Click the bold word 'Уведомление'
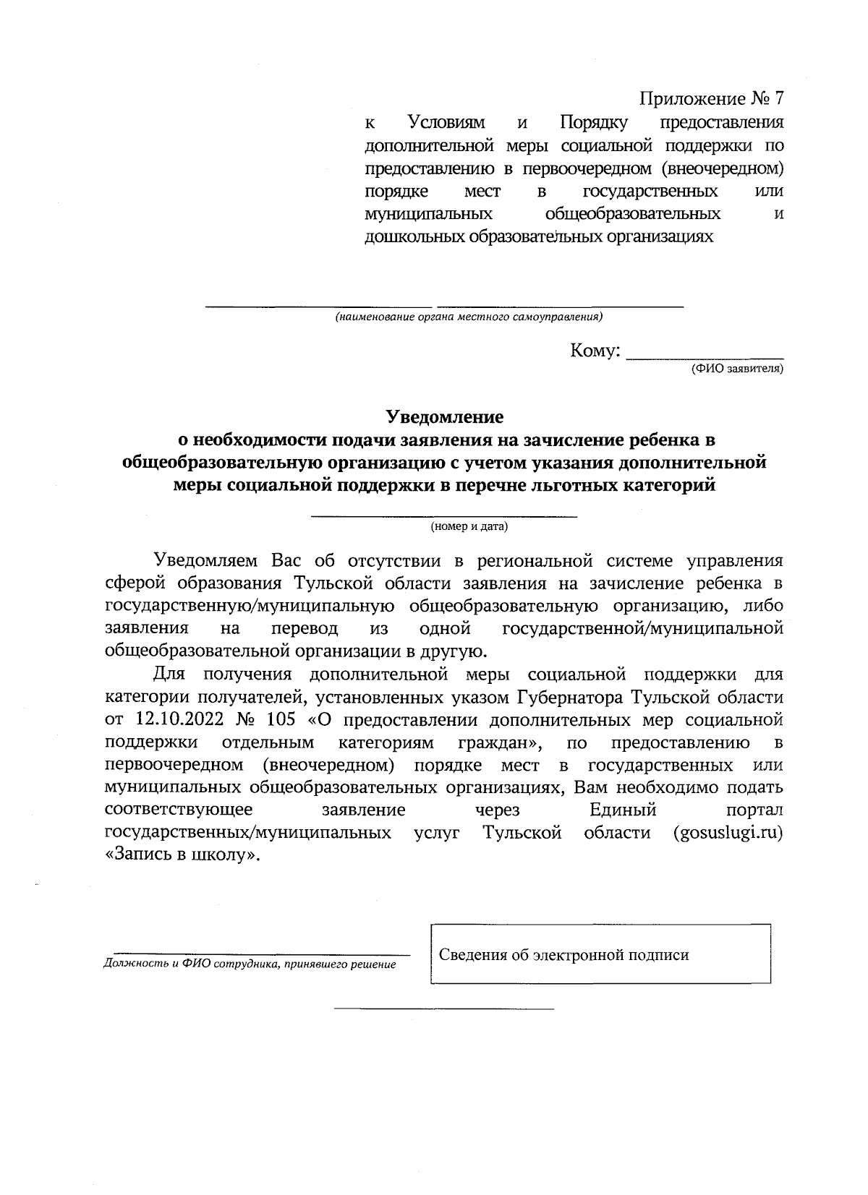tap(444, 417)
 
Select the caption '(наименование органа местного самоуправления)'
tap(469, 317)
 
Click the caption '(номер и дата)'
tap(469, 526)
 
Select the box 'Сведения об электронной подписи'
tap(600, 955)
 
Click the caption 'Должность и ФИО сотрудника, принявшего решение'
tap(250, 964)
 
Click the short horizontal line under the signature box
tap(443, 1008)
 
